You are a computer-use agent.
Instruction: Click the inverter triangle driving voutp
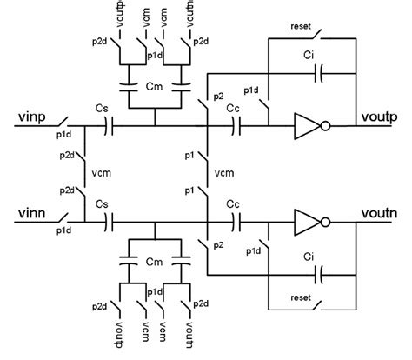307,127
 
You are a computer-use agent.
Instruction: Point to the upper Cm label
155,87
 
